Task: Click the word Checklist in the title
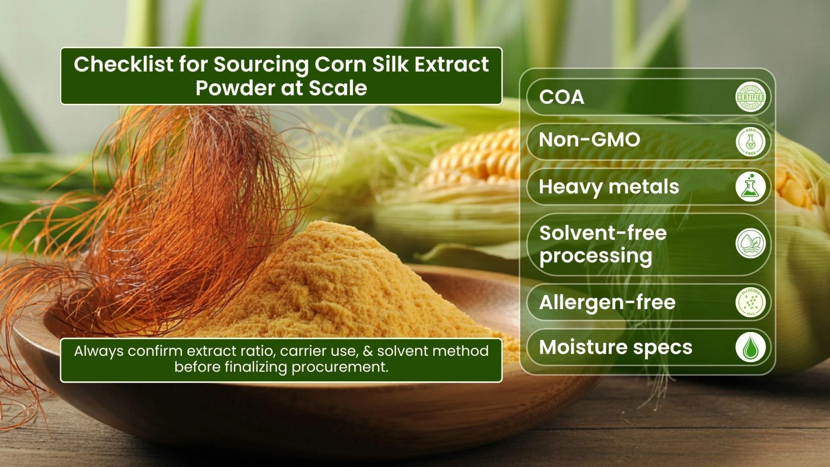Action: [x=123, y=64]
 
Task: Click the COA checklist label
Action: [x=562, y=97]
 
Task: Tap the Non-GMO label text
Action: [x=589, y=140]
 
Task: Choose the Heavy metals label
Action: [x=609, y=187]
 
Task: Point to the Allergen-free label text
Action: [x=607, y=302]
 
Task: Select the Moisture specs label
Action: [x=616, y=348]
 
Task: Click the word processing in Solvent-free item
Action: [x=596, y=256]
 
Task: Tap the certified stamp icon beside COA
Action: [x=750, y=97]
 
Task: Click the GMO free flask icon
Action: [x=750, y=142]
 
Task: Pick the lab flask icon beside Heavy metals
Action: [x=750, y=187]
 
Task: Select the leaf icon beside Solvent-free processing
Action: [x=750, y=243]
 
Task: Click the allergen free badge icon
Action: [x=750, y=302]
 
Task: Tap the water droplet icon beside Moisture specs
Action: [x=750, y=347]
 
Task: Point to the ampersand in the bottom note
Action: [x=367, y=351]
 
